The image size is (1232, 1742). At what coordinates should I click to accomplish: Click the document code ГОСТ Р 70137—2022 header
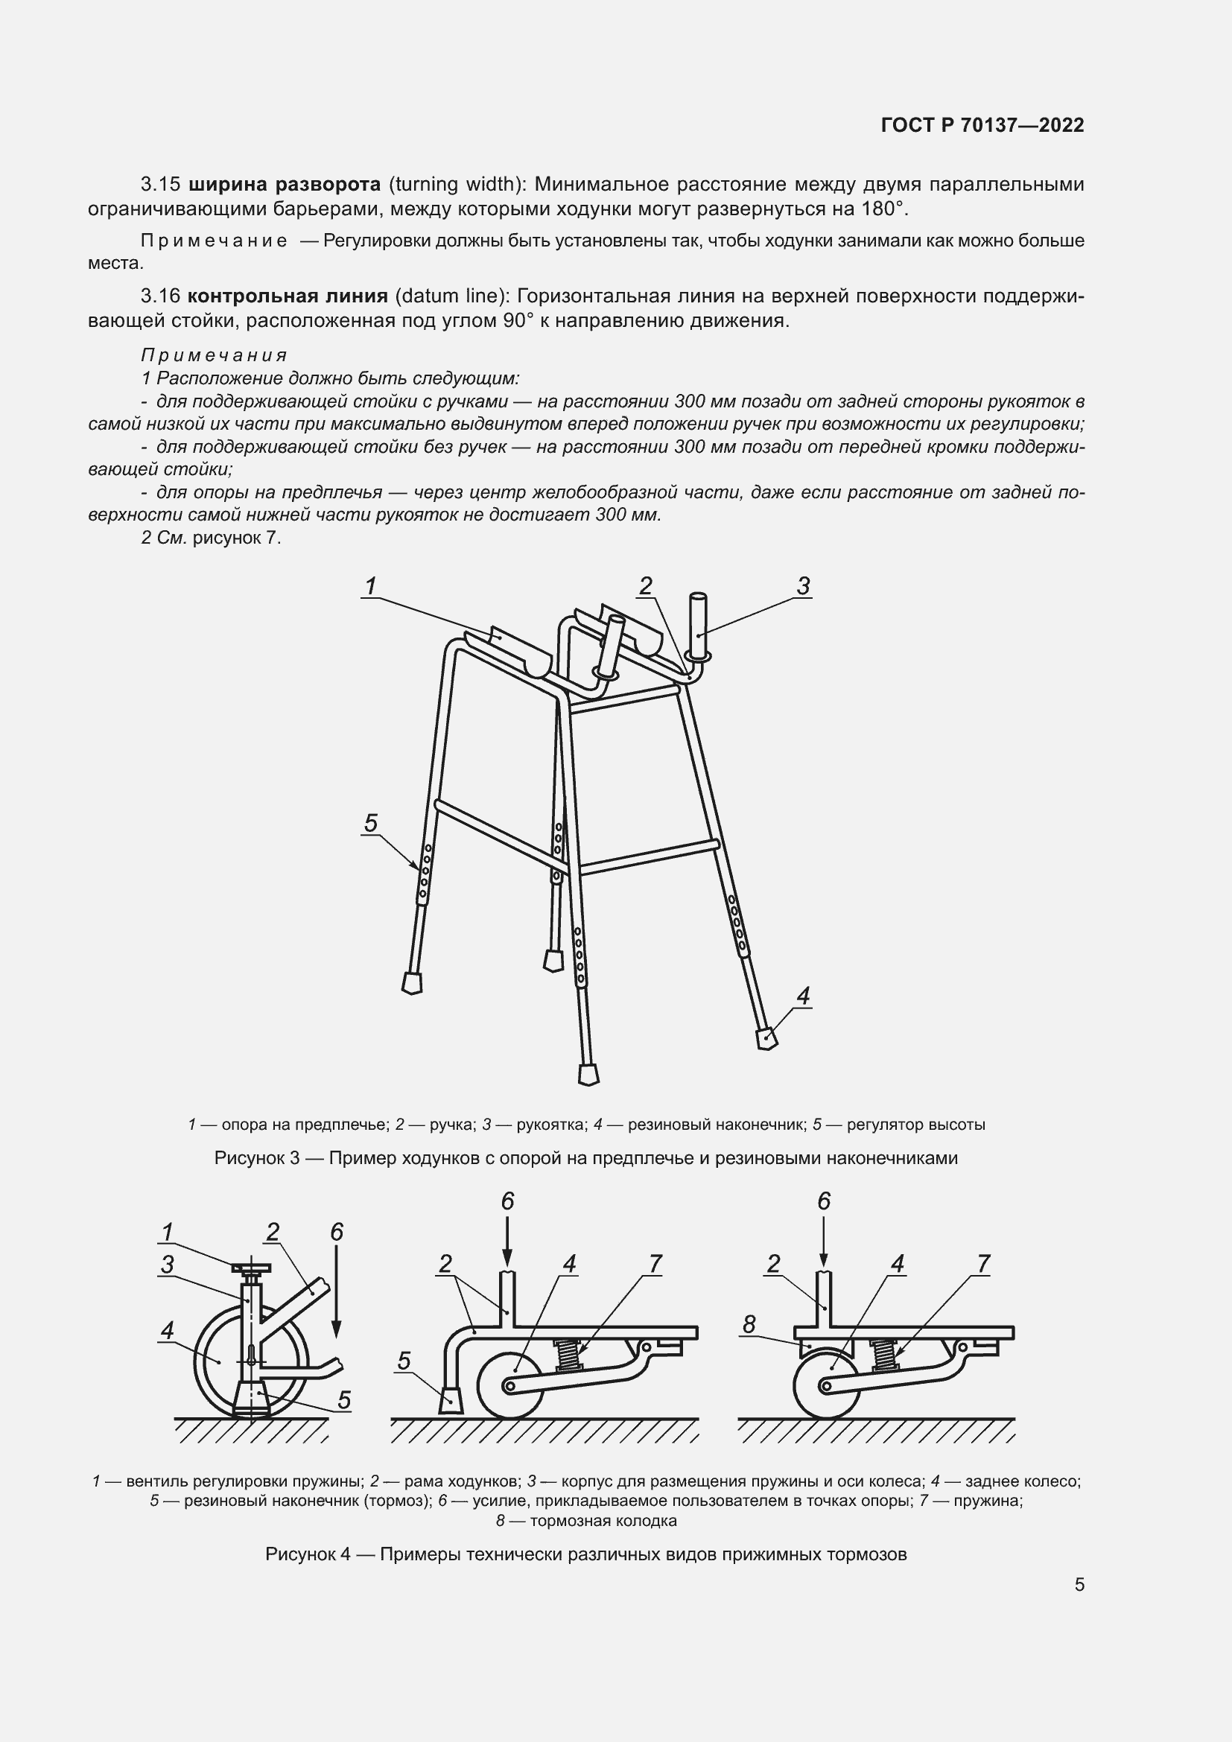point(982,125)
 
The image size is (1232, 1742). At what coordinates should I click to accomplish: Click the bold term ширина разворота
point(284,185)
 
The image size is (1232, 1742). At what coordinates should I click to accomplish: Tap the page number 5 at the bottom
point(1079,1585)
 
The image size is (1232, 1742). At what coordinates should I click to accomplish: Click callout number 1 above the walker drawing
point(371,585)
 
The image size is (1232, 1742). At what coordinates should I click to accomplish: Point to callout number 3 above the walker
point(804,585)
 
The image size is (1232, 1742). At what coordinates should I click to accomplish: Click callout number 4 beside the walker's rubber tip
point(804,996)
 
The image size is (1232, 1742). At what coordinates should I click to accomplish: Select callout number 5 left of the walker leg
point(370,823)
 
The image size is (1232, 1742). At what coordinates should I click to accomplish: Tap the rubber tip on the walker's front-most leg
point(588,1075)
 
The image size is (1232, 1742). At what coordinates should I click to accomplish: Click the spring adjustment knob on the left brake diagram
point(252,1268)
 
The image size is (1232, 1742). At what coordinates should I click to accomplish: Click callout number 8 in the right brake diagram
point(749,1325)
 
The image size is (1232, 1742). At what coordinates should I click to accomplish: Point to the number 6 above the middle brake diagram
point(507,1201)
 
